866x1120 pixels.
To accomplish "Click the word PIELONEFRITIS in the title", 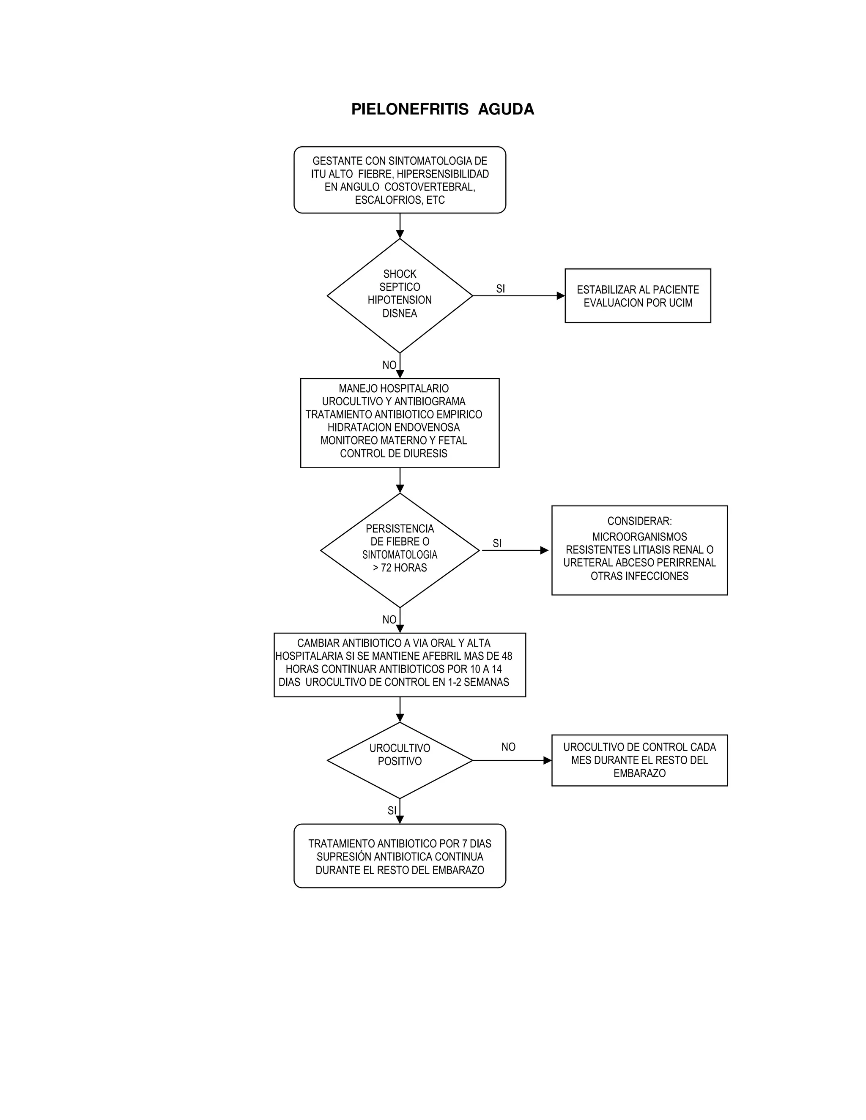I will (409, 109).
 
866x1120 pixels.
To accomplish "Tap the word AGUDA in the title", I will (506, 109).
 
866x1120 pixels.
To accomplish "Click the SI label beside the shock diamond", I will (500, 289).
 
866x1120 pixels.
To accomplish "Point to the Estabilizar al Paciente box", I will (638, 296).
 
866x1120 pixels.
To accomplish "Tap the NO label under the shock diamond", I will (389, 365).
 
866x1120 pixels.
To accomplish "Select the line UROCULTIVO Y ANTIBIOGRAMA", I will (394, 402).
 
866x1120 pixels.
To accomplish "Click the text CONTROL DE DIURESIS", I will (394, 453).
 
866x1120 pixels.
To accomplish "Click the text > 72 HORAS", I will (400, 568).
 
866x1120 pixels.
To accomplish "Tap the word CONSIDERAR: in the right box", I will (639, 521).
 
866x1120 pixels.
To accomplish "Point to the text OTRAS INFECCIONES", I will (639, 576).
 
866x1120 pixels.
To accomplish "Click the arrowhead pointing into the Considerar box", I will (544, 550).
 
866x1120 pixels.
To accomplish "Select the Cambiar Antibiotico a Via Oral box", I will (400, 665).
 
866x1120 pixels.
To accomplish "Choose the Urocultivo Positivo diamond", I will (400, 760).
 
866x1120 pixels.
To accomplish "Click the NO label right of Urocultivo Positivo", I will (508, 747).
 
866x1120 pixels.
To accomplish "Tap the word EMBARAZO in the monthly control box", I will (639, 773).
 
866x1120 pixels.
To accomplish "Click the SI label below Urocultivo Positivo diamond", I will (392, 811).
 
